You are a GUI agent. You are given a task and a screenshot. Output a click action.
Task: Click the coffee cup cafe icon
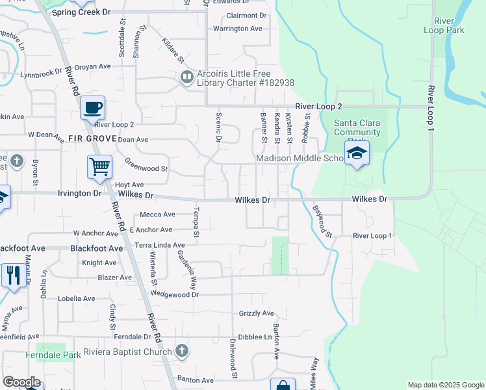click(92, 107)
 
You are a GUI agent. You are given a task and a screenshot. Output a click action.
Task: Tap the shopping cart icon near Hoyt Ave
click(99, 166)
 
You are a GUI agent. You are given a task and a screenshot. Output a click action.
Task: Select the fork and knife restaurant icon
click(13, 274)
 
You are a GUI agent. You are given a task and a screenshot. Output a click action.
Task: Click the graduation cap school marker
click(357, 153)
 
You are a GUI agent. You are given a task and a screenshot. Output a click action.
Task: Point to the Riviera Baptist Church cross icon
click(181, 352)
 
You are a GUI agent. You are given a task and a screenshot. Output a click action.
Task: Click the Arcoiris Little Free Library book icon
click(186, 77)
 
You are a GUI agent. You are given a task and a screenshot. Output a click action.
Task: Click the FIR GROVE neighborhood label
click(91, 139)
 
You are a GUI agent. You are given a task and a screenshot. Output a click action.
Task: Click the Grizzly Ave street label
click(257, 313)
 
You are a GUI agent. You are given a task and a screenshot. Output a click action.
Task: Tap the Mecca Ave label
click(158, 214)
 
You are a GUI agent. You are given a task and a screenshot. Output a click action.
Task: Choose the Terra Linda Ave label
click(160, 245)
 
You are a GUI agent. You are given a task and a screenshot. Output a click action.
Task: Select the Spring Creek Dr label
click(82, 12)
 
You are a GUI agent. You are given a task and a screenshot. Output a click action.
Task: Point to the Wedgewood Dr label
click(173, 294)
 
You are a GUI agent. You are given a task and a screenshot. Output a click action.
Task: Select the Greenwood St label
click(146, 168)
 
